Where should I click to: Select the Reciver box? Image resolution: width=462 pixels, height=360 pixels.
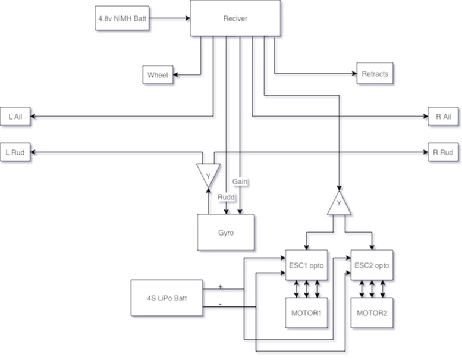click(x=235, y=18)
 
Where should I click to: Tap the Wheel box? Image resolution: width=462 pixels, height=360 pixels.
click(x=158, y=75)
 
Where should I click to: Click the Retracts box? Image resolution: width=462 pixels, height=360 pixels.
click(x=375, y=74)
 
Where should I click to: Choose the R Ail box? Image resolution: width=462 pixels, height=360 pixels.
click(x=443, y=116)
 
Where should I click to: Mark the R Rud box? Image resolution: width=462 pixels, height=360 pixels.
click(x=443, y=152)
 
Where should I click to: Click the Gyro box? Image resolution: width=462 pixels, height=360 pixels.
click(x=226, y=232)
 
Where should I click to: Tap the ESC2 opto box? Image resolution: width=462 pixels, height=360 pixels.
click(x=373, y=265)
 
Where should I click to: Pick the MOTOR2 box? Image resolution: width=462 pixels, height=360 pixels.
click(x=373, y=312)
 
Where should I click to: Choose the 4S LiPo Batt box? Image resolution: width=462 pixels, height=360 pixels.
click(x=167, y=298)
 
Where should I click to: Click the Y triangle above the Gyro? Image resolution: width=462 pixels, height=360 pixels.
click(x=208, y=175)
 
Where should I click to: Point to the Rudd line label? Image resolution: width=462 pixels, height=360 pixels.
click(x=226, y=197)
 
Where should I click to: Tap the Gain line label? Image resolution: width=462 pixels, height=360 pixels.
click(x=240, y=180)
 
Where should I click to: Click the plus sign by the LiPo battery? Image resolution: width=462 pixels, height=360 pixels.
click(x=221, y=286)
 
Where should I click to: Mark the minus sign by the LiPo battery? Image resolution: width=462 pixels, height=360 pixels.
click(x=221, y=303)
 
